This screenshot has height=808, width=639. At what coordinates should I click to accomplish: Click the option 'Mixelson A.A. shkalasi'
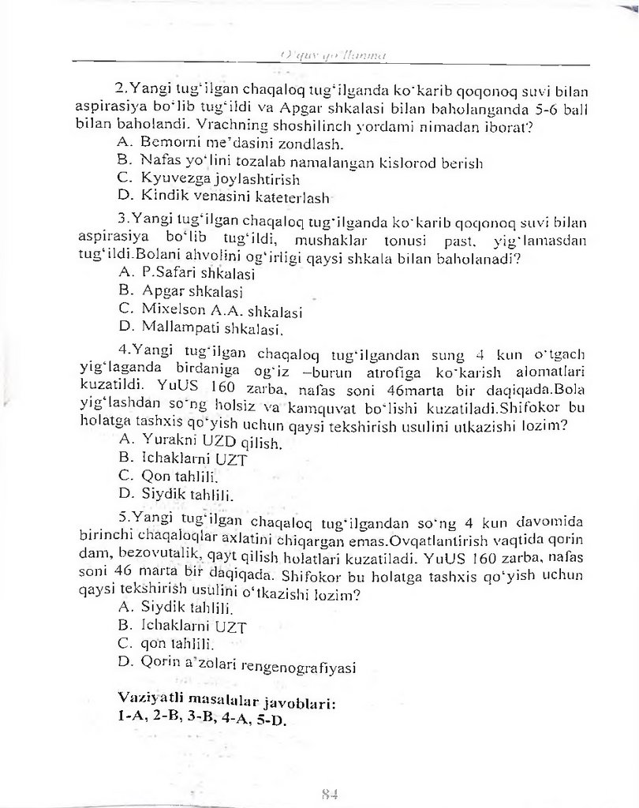[x=222, y=309]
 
